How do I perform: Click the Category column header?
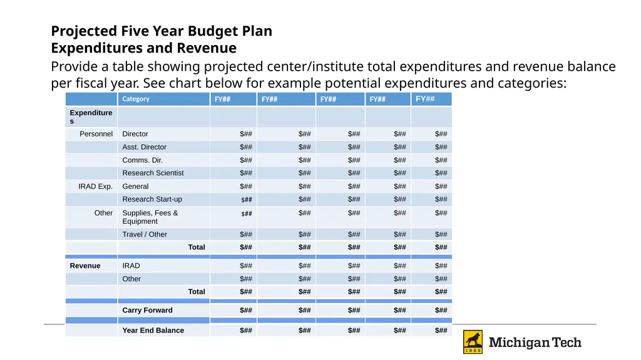click(x=136, y=99)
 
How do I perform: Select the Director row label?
click(x=135, y=134)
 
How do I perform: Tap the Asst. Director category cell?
click(x=145, y=147)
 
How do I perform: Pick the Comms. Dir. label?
click(x=142, y=160)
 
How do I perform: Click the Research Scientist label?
click(x=153, y=173)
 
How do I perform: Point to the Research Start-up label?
click(x=152, y=199)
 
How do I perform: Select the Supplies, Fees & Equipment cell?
click(x=150, y=217)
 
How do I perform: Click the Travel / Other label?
click(x=145, y=234)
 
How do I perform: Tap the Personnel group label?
click(x=96, y=134)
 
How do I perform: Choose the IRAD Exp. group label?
click(x=95, y=187)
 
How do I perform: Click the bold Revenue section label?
click(x=85, y=266)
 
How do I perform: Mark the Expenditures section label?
click(x=91, y=116)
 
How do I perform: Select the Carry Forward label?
click(x=147, y=310)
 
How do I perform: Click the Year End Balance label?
click(x=153, y=330)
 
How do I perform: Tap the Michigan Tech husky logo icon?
click(x=473, y=342)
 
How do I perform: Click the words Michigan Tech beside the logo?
click(x=535, y=342)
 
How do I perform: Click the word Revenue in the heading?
click(x=207, y=48)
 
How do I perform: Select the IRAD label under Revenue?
click(x=131, y=266)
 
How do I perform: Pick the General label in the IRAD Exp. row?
click(x=135, y=187)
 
